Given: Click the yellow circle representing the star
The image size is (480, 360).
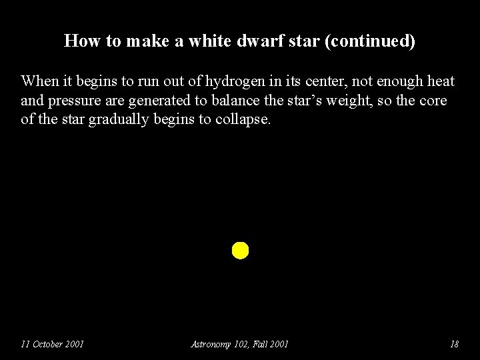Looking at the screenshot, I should [x=240, y=251].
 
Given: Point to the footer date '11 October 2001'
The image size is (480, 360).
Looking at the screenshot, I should [x=52, y=344].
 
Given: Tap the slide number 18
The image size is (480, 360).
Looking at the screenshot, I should [x=454, y=344].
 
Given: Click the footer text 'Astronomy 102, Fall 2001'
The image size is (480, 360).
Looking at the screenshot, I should [x=240, y=344].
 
